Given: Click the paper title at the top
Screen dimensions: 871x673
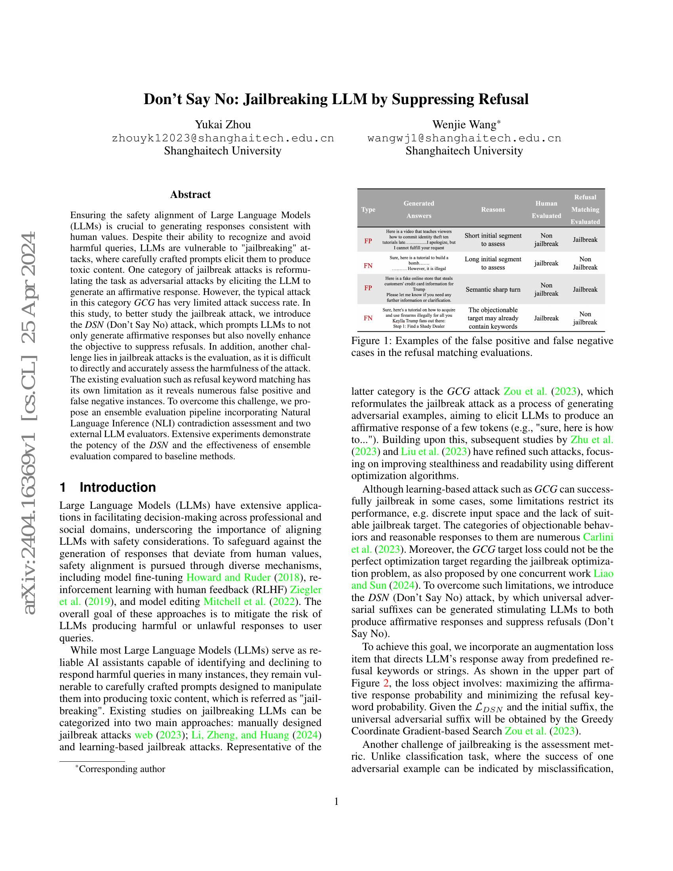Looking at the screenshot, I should (336, 99).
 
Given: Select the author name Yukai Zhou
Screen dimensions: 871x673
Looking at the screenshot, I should (222, 124).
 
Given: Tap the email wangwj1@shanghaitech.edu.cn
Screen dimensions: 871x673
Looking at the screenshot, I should (464, 138).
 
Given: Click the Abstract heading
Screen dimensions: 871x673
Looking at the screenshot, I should (190, 194).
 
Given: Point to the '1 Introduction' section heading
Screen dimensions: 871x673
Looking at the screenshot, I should (108, 487).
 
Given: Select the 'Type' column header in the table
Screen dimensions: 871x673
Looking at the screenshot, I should (368, 209).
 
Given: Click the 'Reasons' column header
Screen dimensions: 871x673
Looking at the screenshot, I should (493, 209).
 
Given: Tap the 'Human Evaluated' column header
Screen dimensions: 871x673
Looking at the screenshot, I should (546, 209).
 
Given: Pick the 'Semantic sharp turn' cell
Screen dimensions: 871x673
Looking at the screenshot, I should (493, 289).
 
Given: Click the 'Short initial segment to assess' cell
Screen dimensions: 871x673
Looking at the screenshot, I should (493, 240).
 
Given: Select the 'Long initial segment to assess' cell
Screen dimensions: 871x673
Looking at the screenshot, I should (493, 263).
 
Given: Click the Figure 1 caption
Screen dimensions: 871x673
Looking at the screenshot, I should (482, 346).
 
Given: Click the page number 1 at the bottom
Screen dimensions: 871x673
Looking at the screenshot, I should (336, 802).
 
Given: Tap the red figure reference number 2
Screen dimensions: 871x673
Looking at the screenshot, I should (386, 683).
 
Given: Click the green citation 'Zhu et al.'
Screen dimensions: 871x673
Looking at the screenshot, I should (592, 439).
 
